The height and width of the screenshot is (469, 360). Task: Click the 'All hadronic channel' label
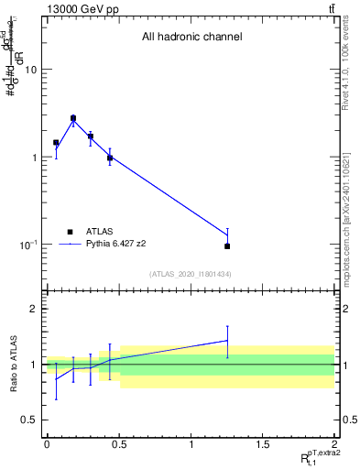point(191,38)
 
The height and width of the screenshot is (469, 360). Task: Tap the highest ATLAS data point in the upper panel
point(73,118)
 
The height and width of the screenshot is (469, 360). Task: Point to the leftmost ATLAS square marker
point(56,143)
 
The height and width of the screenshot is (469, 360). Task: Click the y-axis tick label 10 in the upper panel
point(31,70)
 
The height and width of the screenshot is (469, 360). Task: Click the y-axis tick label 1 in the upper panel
point(35,158)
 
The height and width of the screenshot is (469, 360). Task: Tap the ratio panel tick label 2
point(35,310)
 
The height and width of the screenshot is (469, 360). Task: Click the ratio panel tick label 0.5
point(31,420)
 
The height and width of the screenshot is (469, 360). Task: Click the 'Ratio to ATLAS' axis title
point(12,364)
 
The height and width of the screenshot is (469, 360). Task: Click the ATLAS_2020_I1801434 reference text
point(191,274)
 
